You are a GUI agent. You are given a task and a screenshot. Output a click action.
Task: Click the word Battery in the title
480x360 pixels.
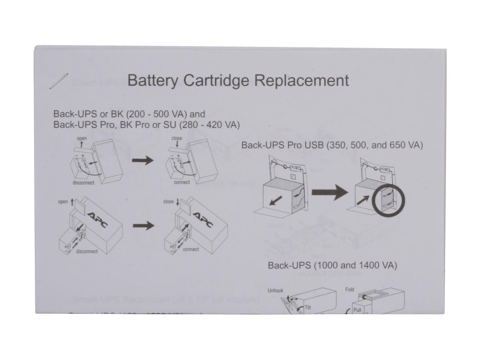pyautogui.click(x=152, y=81)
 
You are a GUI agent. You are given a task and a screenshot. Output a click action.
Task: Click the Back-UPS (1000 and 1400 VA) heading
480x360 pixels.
pyautogui.click(x=332, y=265)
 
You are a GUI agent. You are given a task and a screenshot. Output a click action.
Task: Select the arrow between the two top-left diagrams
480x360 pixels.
pyautogui.click(x=143, y=161)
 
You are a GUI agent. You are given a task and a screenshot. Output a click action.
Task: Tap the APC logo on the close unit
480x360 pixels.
pyautogui.click(x=203, y=219)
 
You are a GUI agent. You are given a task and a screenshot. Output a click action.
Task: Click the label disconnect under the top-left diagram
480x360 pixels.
pyautogui.click(x=83, y=183)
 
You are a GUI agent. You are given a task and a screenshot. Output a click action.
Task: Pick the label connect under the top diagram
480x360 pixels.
pyautogui.click(x=182, y=183)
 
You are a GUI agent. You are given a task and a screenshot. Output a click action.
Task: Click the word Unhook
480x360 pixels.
pyautogui.click(x=276, y=291)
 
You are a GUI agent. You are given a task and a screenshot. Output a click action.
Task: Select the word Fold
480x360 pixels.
pyautogui.click(x=349, y=289)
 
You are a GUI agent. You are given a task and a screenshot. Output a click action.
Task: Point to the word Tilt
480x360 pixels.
pyautogui.click(x=307, y=307)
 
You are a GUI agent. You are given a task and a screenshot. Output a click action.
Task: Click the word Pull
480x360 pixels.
pyautogui.click(x=357, y=310)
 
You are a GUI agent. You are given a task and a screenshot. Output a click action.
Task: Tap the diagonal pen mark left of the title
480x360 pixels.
pyautogui.click(x=58, y=81)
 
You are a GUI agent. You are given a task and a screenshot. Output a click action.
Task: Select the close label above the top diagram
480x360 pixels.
pyautogui.click(x=177, y=138)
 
